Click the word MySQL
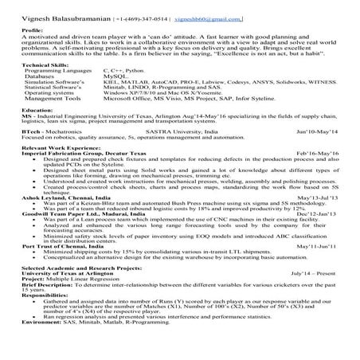[116, 76]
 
